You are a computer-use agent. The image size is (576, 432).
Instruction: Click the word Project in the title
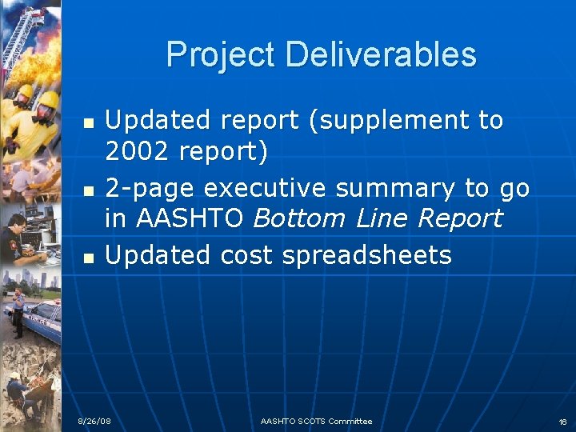(221, 55)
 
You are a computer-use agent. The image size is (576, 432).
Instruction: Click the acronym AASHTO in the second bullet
(189, 218)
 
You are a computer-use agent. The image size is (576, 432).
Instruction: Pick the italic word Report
(462, 218)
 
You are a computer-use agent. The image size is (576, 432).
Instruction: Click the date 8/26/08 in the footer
(94, 422)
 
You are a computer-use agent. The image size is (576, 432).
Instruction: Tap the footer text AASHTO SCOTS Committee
(316, 422)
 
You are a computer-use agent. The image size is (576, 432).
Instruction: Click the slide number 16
(562, 422)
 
